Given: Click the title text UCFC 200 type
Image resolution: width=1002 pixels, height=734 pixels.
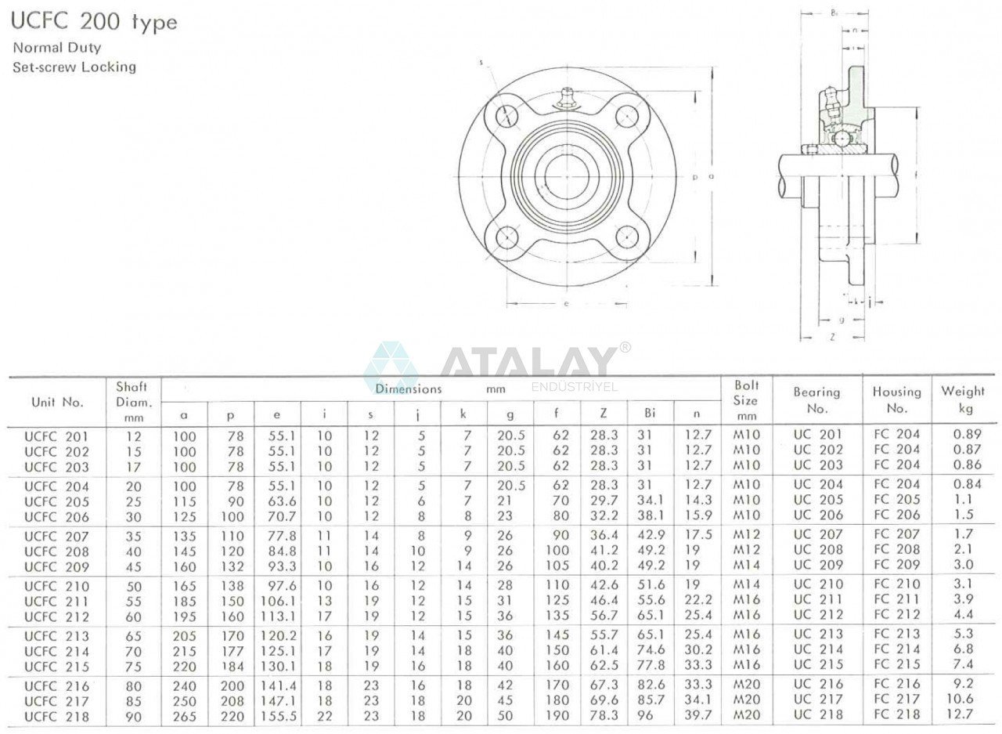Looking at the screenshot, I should pyautogui.click(x=94, y=21).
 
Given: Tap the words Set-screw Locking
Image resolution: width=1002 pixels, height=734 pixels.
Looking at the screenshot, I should pyautogui.click(x=74, y=67).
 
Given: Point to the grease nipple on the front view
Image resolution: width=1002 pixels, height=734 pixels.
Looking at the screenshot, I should pyautogui.click(x=564, y=99).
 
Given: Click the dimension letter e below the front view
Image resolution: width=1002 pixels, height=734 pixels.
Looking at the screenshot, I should pyautogui.click(x=565, y=304).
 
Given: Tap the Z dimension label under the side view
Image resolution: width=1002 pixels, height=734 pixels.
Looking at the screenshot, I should pyautogui.click(x=831, y=337).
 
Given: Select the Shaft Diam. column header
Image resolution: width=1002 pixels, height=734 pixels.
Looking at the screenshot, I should pyautogui.click(x=132, y=400).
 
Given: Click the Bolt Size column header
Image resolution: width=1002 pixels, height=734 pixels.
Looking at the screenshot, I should pyautogui.click(x=746, y=400).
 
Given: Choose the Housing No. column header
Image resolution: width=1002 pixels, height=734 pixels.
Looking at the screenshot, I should pyautogui.click(x=896, y=400).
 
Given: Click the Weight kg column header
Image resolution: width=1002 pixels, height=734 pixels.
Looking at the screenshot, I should pyautogui.click(x=962, y=400).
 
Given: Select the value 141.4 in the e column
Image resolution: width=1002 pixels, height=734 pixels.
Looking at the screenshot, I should pyautogui.click(x=276, y=686).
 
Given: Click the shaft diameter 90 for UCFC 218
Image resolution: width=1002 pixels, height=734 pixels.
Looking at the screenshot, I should pyautogui.click(x=134, y=716).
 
